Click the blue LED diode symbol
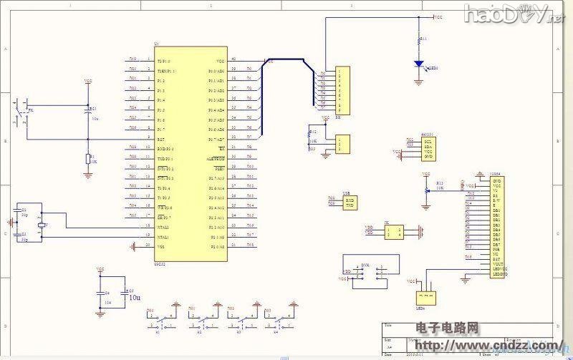click(x=419, y=64)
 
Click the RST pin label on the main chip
click(x=161, y=138)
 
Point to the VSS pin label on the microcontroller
click(x=162, y=245)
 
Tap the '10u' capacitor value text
click(x=134, y=296)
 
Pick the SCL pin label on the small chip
click(x=428, y=142)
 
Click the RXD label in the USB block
click(x=350, y=199)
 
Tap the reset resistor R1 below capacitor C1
click(x=88, y=158)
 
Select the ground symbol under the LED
click(x=419, y=80)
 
